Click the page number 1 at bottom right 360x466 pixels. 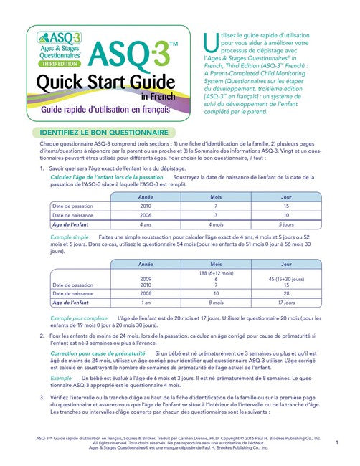(x=336, y=444)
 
